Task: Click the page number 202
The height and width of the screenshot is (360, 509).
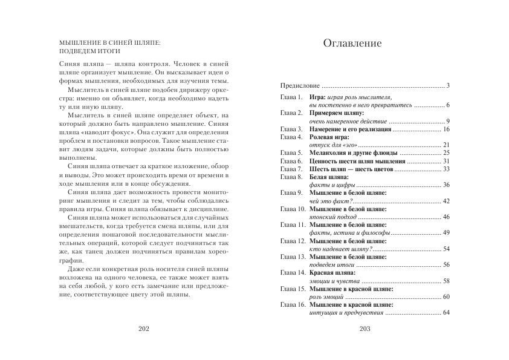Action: click(143, 329)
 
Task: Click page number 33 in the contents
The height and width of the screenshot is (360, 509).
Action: click(446, 169)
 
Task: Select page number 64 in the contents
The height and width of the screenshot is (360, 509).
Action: click(446, 312)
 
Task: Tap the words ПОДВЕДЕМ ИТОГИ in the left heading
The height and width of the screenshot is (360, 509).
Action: click(88, 51)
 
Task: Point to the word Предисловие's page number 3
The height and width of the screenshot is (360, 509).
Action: click(448, 85)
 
